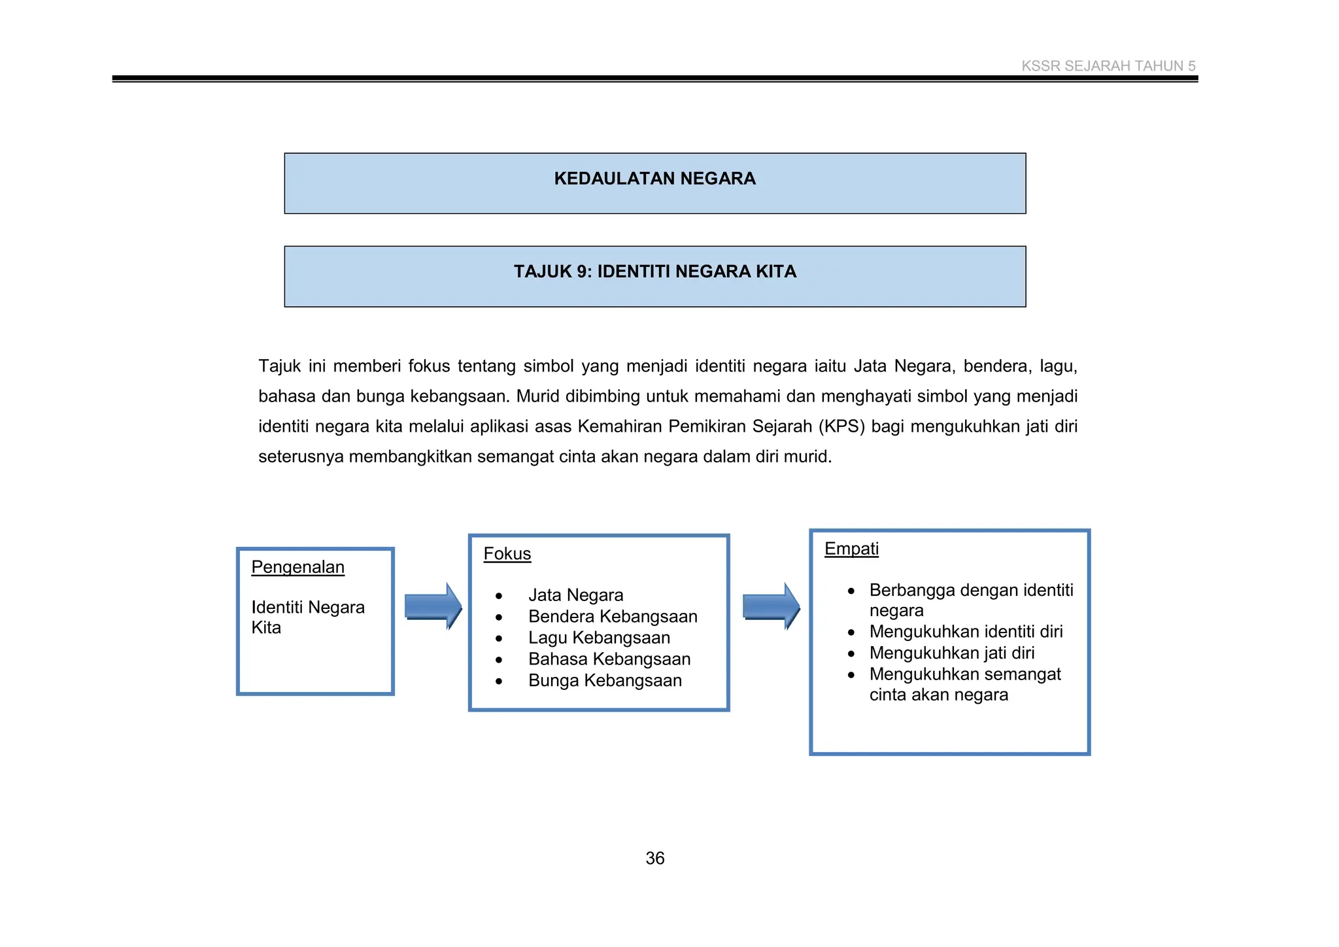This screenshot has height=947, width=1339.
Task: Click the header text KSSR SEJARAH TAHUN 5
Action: click(x=1108, y=66)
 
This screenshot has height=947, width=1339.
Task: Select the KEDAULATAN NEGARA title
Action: click(x=654, y=179)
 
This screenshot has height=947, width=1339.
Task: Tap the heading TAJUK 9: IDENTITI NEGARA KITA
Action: click(x=654, y=271)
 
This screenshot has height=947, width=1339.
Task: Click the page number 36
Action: click(x=654, y=858)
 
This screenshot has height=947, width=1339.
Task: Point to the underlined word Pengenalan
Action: click(x=297, y=567)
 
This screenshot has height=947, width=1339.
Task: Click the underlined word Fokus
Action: click(x=507, y=554)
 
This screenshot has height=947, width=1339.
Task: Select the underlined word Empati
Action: click(x=851, y=549)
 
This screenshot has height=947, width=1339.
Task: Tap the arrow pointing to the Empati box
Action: click(x=771, y=606)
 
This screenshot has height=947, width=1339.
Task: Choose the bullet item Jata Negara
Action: click(x=575, y=595)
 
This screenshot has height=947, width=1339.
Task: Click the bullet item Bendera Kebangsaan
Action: click(x=613, y=617)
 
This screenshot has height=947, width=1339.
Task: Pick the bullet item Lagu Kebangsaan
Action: click(x=599, y=638)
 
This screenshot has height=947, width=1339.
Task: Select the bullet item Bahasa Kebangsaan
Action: click(x=609, y=659)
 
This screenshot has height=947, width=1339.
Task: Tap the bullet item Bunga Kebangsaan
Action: click(x=605, y=681)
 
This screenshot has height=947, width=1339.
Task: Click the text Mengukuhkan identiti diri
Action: click(x=966, y=632)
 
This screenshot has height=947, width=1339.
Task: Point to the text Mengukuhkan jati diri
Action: click(x=951, y=653)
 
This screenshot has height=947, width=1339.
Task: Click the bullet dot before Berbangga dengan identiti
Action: click(x=851, y=591)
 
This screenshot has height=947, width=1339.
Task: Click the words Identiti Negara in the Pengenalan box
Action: click(x=308, y=608)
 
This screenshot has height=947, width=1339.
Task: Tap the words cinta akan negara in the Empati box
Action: click(x=938, y=695)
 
